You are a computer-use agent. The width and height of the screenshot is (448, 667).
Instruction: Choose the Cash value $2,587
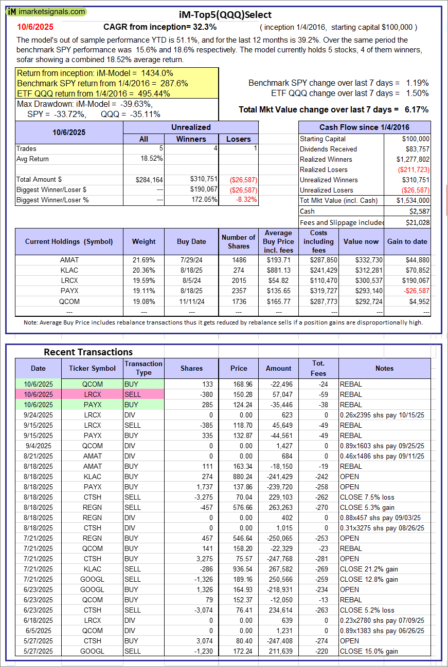pyautogui.click(x=419, y=211)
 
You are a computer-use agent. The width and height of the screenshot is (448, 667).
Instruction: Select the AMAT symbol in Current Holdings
pyautogui.click(x=69, y=260)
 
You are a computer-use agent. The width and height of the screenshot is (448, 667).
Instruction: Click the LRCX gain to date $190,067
pyautogui.click(x=414, y=281)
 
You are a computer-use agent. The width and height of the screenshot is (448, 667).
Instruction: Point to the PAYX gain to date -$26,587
pyautogui.click(x=414, y=291)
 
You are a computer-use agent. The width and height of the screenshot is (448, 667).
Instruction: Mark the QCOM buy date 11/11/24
pyautogui.click(x=191, y=301)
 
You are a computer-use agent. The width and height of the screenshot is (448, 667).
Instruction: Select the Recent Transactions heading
pyautogui.click(x=88, y=352)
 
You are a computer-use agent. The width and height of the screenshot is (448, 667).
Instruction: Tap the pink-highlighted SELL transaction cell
pyautogui.click(x=144, y=394)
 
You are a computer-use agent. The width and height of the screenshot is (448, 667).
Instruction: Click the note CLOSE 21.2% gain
pyautogui.click(x=369, y=569)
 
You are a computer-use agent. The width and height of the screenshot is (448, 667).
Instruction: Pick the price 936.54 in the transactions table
pyautogui.click(x=239, y=569)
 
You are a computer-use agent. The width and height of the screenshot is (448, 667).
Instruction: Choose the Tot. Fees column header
pyautogui.click(x=318, y=368)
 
